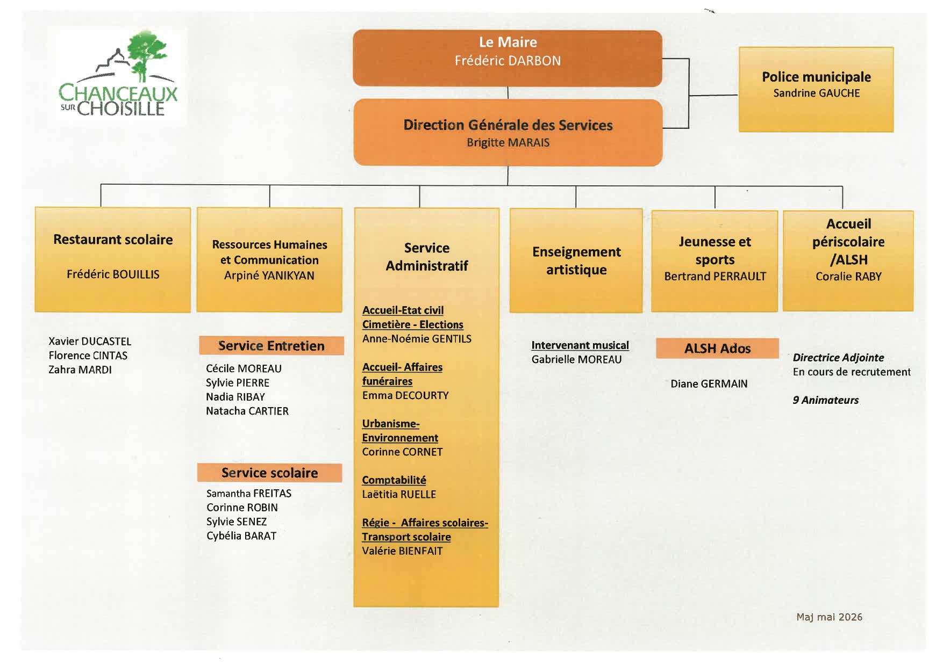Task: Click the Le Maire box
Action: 508,58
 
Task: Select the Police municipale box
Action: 816,89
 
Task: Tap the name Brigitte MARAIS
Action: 508,143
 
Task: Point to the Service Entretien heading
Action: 272,346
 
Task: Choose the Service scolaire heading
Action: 269,473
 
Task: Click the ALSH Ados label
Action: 717,349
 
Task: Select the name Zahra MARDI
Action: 80,370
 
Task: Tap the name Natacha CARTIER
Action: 247,411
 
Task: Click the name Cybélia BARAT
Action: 241,536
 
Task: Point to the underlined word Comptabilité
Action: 394,480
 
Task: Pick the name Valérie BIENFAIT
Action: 402,551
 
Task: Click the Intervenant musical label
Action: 580,345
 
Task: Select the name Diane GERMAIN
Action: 709,384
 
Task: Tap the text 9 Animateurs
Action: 826,400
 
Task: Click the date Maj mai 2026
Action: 830,617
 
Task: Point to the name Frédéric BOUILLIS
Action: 113,274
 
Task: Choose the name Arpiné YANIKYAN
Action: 269,276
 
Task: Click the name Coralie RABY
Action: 848,277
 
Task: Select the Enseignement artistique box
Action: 576,260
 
